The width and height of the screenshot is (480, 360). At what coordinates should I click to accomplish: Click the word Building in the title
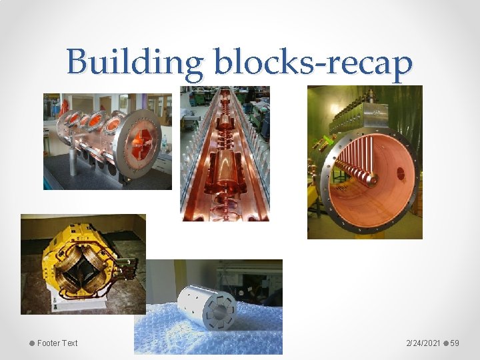134,63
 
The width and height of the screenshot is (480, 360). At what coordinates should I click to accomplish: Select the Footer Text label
57,343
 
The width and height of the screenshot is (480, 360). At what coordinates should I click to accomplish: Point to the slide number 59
455,343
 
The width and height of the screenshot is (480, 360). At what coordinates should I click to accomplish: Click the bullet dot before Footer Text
31,343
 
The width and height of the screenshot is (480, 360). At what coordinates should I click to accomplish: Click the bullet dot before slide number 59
446,343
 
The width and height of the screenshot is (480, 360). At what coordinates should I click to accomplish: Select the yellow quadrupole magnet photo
83,264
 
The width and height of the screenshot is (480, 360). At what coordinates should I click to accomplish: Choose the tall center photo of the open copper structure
225,153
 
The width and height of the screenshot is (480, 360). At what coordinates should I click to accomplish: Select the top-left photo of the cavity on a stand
107,141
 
